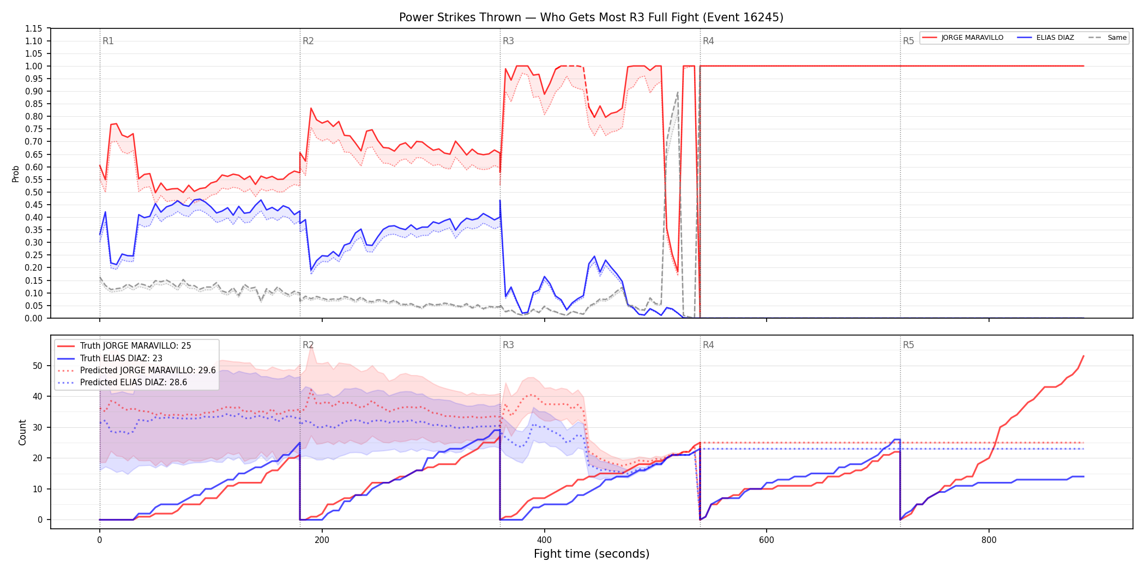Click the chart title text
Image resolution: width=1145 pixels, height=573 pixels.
(591, 17)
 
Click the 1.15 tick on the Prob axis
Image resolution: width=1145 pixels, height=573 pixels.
(33, 28)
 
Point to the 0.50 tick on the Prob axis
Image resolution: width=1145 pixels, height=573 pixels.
(33, 192)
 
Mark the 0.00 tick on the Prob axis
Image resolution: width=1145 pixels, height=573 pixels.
(33, 318)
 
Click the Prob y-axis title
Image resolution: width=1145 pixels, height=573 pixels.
(15, 174)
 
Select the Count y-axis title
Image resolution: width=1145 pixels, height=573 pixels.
(22, 432)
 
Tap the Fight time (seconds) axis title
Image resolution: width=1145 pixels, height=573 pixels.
(592, 554)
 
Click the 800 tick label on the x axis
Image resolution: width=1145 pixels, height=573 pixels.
(989, 540)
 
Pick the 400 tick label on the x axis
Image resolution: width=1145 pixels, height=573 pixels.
(544, 540)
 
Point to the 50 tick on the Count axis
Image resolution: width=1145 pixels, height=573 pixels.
(38, 366)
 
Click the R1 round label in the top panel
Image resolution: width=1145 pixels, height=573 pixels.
(108, 41)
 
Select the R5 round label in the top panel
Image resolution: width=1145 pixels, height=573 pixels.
(908, 41)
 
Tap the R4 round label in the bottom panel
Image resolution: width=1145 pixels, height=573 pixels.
(708, 345)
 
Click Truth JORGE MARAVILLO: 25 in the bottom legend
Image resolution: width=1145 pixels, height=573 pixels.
(136, 346)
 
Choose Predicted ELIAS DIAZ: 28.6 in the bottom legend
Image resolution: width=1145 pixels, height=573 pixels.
(134, 383)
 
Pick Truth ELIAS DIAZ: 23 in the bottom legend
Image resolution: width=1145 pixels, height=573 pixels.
(121, 359)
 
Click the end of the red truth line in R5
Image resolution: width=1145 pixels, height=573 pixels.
(1083, 356)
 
